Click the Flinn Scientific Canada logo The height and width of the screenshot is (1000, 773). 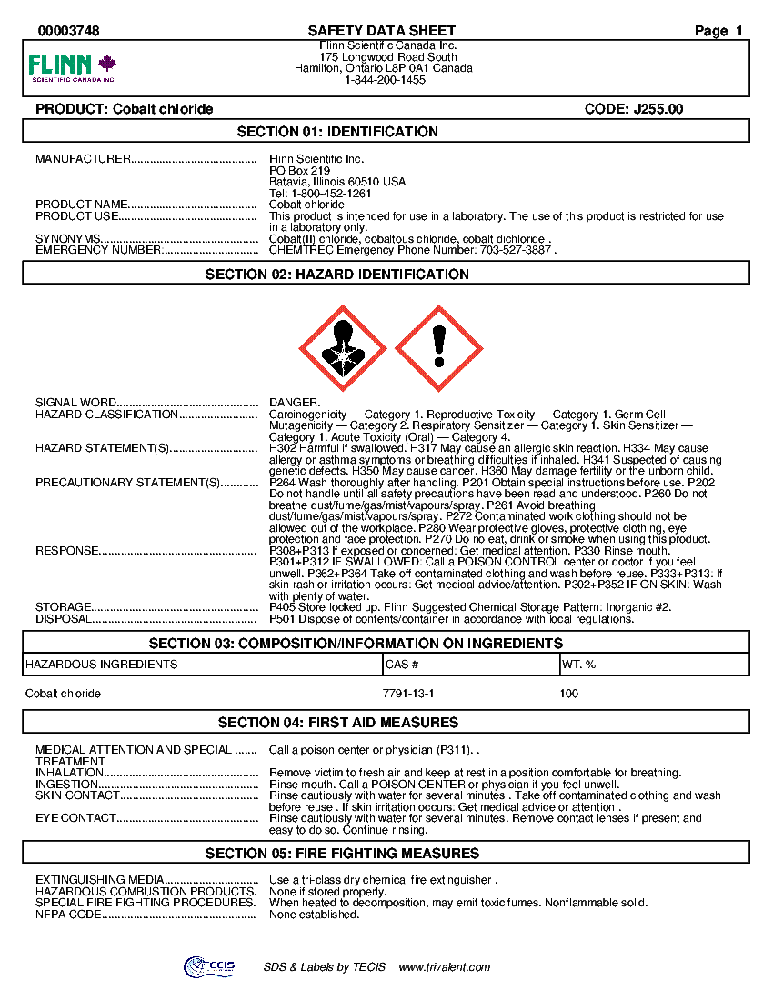(x=73, y=67)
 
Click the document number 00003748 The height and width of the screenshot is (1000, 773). (x=69, y=31)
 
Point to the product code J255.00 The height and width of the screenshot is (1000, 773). (x=634, y=109)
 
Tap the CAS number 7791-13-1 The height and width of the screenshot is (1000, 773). (x=408, y=694)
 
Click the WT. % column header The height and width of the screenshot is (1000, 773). (x=578, y=665)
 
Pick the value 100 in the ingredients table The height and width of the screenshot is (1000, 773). (x=569, y=694)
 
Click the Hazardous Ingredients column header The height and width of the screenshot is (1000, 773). (x=101, y=665)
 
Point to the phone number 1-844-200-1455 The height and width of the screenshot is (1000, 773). (x=386, y=80)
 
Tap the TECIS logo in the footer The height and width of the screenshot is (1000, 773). (x=209, y=966)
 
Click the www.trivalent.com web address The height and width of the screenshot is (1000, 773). (x=445, y=967)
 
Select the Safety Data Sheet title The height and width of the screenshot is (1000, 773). (x=382, y=31)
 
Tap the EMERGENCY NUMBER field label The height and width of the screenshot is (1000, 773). (x=98, y=250)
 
